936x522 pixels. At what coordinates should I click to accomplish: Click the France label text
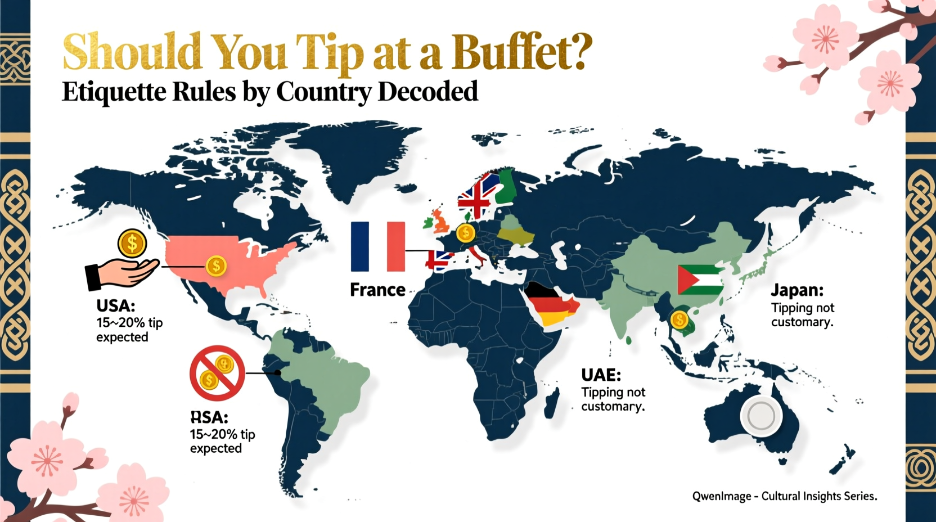pyautogui.click(x=377, y=290)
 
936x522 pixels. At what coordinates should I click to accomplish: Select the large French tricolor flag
pyautogui.click(x=377, y=246)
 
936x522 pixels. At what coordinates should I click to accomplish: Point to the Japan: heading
pyautogui.click(x=797, y=290)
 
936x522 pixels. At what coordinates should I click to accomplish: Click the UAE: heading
pyautogui.click(x=601, y=375)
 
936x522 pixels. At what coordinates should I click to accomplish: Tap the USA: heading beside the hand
pyautogui.click(x=116, y=306)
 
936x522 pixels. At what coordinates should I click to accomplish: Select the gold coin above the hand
pyautogui.click(x=132, y=244)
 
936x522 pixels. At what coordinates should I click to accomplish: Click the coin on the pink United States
pyautogui.click(x=216, y=265)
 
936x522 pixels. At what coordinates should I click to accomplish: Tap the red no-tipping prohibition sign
pyautogui.click(x=217, y=373)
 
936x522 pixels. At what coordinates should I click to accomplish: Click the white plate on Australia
pyautogui.click(x=760, y=416)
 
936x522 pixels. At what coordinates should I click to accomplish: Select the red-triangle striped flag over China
pyautogui.click(x=700, y=280)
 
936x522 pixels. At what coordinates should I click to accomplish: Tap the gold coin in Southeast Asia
pyautogui.click(x=679, y=320)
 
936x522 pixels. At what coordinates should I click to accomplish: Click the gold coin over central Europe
pyautogui.click(x=465, y=232)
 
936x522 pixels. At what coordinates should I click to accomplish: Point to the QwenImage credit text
pyautogui.click(x=784, y=496)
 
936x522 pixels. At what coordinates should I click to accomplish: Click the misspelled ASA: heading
pyautogui.click(x=209, y=417)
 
